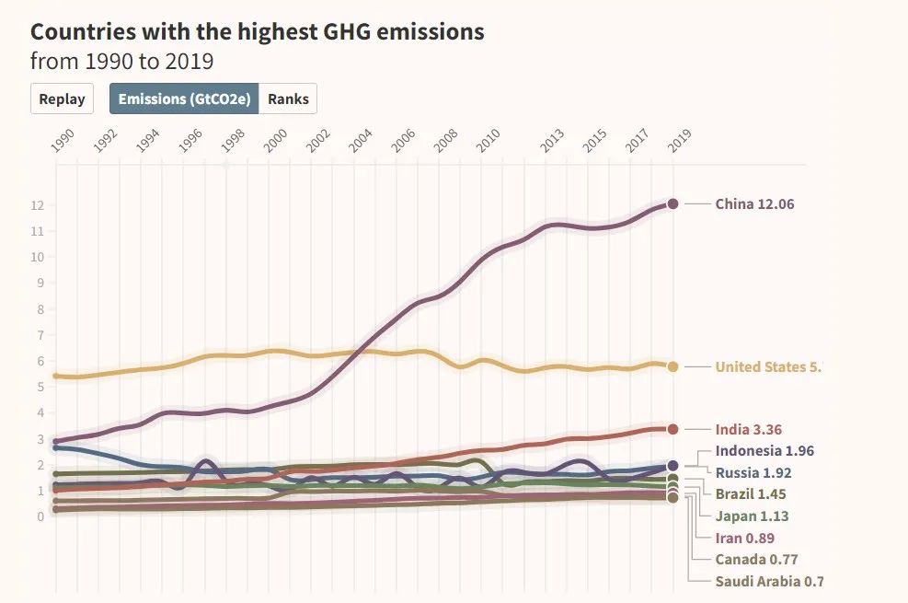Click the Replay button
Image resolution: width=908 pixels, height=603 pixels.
point(63,99)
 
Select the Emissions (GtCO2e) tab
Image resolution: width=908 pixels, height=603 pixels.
point(184,99)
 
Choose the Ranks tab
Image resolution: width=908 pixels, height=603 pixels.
point(288,99)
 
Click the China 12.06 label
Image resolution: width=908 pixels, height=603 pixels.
point(754,203)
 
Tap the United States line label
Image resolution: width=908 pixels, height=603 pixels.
point(767,366)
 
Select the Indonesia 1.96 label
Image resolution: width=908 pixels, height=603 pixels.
point(764,450)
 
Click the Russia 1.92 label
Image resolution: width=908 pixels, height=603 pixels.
point(753,472)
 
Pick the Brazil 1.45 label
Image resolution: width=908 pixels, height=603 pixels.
point(751,494)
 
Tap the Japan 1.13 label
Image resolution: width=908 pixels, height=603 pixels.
point(752,516)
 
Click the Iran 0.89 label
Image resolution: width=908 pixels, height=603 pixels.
point(745,538)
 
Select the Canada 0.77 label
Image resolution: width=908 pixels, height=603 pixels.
point(756,559)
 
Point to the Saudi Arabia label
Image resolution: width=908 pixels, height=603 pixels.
point(769,581)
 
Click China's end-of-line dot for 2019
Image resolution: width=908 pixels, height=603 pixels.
point(672,203)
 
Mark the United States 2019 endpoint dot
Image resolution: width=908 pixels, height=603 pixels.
point(672,366)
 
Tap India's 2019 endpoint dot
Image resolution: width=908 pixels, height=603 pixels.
point(672,429)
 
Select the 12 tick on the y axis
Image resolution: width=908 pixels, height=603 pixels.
point(38,205)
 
